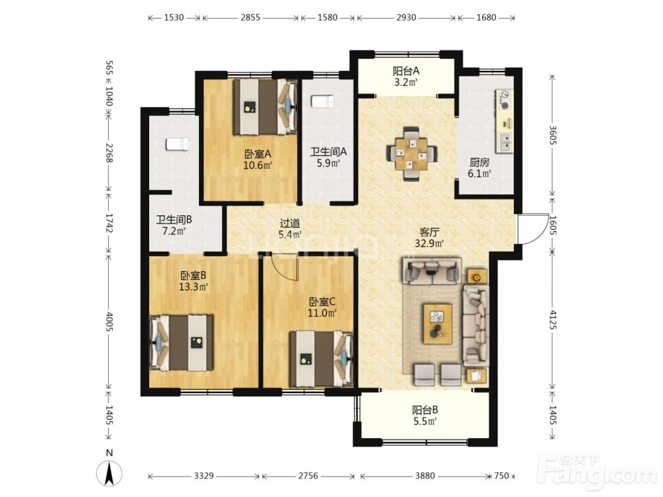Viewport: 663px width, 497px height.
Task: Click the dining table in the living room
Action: (411, 154)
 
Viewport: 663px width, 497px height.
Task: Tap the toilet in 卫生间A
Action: (323, 102)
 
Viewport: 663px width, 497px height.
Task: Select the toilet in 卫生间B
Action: (177, 144)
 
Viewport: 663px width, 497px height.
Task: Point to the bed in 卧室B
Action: (182, 343)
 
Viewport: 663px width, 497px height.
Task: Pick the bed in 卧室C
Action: (322, 359)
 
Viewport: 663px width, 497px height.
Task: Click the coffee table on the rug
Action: (438, 323)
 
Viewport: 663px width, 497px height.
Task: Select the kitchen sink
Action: (505, 142)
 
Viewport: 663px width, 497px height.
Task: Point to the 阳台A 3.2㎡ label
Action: (406, 76)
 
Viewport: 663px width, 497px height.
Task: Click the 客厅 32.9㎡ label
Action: (429, 237)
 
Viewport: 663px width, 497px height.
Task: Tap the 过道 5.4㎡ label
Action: (290, 229)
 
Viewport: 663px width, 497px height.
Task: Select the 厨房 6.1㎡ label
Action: (479, 168)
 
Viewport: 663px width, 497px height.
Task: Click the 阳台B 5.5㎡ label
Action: (424, 415)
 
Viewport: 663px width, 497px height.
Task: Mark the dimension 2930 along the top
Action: (406, 18)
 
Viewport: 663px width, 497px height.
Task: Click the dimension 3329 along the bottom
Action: (204, 476)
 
